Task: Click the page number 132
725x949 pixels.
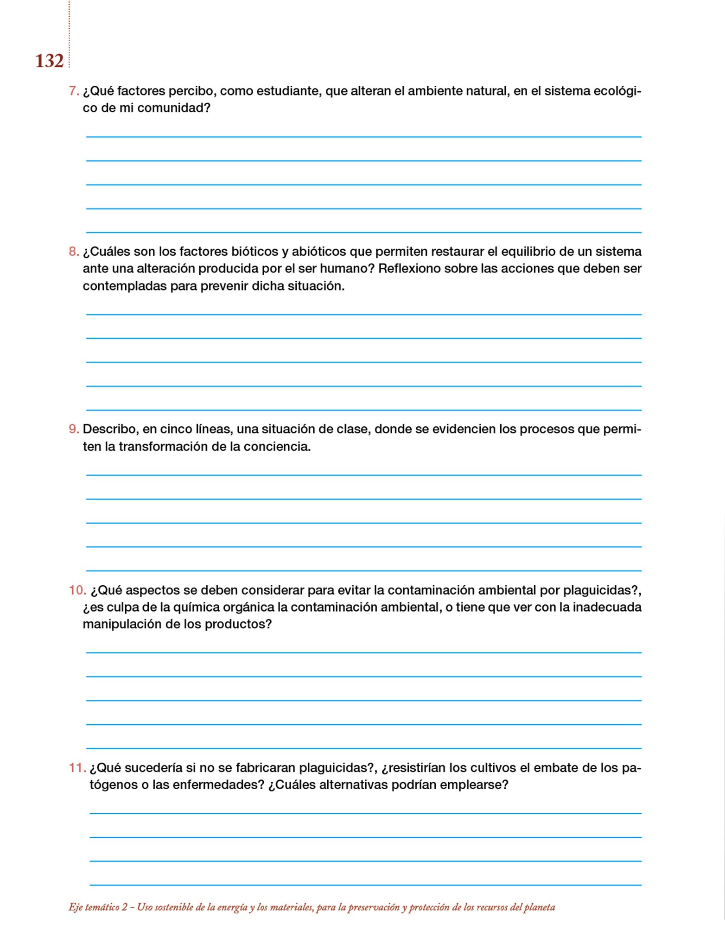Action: click(x=49, y=61)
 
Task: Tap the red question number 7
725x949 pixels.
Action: click(x=73, y=91)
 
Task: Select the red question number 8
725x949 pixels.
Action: click(x=73, y=252)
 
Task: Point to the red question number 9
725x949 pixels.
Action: click(x=73, y=429)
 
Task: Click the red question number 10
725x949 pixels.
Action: click(x=77, y=590)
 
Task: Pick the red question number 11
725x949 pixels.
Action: click(x=77, y=768)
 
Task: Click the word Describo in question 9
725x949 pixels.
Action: click(x=110, y=429)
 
